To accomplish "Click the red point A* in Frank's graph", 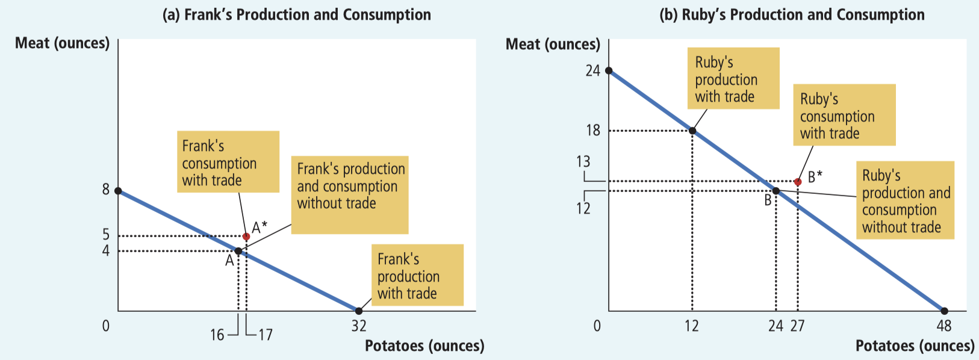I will pyautogui.click(x=246, y=237).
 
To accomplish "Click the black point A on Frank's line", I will pyautogui.click(x=238, y=251).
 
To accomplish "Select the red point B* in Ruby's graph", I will pyautogui.click(x=798, y=182).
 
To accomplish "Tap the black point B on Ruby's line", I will pyautogui.click(x=776, y=191).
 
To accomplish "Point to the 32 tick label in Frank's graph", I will pyautogui.click(x=359, y=327).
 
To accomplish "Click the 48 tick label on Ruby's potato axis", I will pyautogui.click(x=944, y=326).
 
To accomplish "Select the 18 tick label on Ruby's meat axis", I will pyautogui.click(x=593, y=131).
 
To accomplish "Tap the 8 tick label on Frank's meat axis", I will pyautogui.click(x=106, y=190).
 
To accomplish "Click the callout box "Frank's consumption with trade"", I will pyautogui.click(x=228, y=162).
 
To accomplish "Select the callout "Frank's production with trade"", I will pyautogui.click(x=417, y=275).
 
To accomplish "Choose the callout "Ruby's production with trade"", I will pyautogui.click(x=733, y=79).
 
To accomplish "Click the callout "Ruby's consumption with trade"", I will pyautogui.click(x=844, y=115).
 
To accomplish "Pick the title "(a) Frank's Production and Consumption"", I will pyautogui.click(x=297, y=14).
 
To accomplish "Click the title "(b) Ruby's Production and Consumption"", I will pyautogui.click(x=792, y=14).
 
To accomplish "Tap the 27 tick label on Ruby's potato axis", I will pyautogui.click(x=798, y=326).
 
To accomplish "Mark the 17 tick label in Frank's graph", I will pyautogui.click(x=266, y=335).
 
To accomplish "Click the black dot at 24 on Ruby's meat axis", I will pyautogui.click(x=609, y=70).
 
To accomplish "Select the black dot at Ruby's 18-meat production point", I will pyautogui.click(x=692, y=131).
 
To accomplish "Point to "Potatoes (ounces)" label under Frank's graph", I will pyautogui.click(x=424, y=346).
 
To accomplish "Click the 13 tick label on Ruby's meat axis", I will pyautogui.click(x=583, y=162).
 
